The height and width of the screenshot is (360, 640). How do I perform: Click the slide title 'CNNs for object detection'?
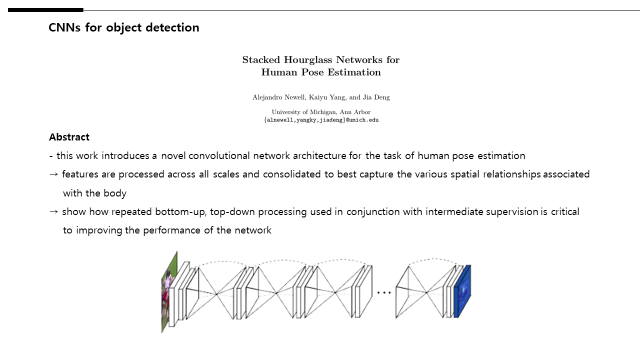click(124, 27)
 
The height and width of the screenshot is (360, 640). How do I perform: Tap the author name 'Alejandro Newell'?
click(278, 97)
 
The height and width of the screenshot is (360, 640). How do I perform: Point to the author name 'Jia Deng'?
click(376, 97)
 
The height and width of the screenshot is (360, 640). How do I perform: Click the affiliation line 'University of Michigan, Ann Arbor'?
click(321, 112)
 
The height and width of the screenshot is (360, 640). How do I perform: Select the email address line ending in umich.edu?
click(321, 120)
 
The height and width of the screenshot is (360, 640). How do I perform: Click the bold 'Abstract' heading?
click(69, 137)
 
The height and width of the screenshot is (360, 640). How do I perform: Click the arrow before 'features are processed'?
click(53, 174)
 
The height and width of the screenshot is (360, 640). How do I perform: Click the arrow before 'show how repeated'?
click(53, 211)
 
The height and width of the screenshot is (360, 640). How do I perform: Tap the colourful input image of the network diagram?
click(169, 292)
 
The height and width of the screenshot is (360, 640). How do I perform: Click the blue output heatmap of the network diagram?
click(462, 291)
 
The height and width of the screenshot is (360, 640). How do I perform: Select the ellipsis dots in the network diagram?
click(384, 292)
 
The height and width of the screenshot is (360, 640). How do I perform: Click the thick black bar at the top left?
click(45, 10)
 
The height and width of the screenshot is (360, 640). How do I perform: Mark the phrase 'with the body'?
click(95, 193)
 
